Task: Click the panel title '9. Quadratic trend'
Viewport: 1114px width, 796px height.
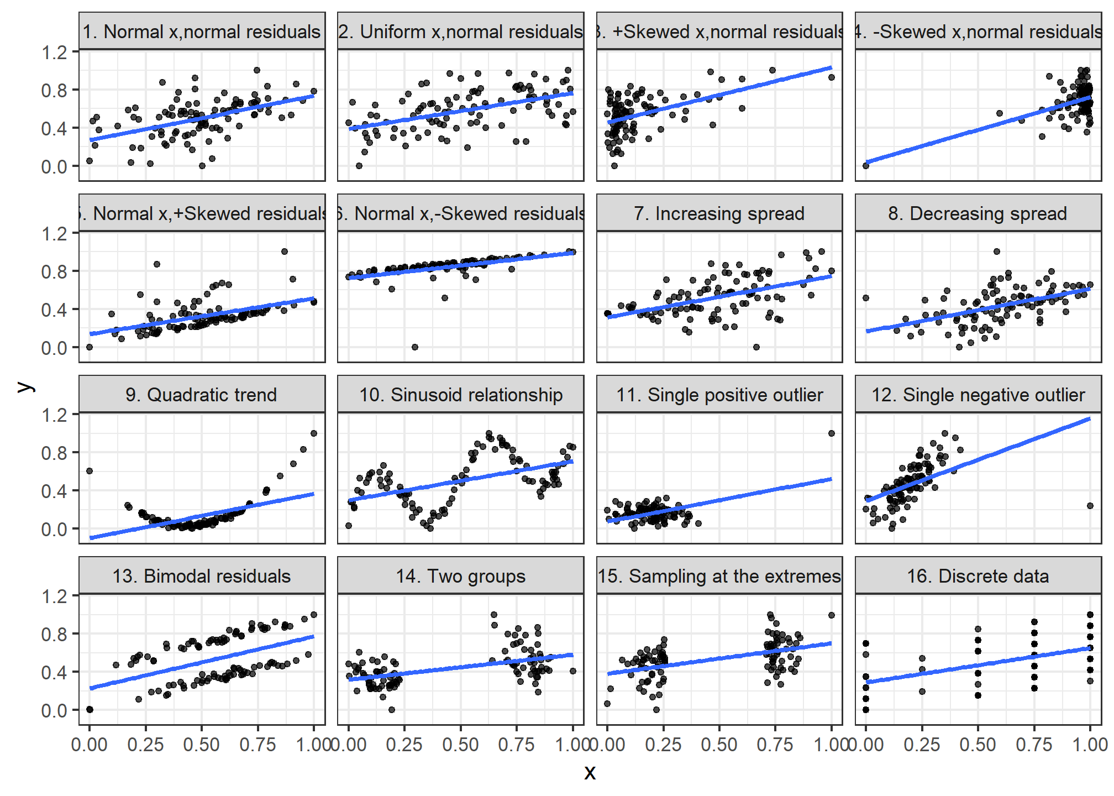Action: point(201,395)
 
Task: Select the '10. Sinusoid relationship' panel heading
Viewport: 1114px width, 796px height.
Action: point(460,395)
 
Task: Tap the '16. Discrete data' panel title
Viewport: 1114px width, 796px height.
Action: point(978,576)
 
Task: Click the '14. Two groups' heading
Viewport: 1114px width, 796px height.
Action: point(460,576)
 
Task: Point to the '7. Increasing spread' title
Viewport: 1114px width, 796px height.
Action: point(719,213)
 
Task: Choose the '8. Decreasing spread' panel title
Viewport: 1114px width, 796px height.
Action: point(978,213)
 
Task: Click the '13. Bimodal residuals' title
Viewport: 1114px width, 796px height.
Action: point(201,576)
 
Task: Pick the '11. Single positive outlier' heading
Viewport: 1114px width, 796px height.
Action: point(719,395)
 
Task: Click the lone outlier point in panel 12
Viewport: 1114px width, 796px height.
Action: point(1090,506)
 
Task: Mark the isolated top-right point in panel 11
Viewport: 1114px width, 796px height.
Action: point(832,433)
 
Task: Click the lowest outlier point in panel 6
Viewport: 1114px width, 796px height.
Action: point(415,347)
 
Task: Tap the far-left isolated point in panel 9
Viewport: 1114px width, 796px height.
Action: point(90,471)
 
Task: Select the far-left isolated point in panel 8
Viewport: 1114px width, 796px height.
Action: point(866,298)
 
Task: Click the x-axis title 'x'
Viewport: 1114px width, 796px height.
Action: point(590,772)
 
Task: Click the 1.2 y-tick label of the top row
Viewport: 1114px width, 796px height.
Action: point(54,53)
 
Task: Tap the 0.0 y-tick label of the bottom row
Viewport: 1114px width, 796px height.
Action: point(54,710)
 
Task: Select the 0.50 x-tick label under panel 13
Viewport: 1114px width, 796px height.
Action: point(201,745)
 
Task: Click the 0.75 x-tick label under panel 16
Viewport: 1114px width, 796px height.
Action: point(1034,745)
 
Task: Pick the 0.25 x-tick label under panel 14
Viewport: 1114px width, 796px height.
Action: point(404,745)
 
